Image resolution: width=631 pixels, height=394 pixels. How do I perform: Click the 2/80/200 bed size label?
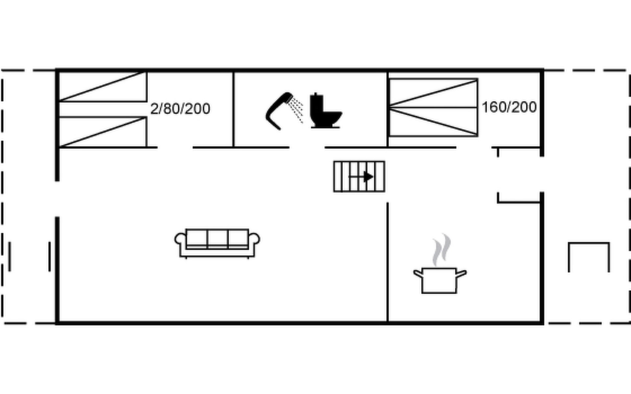[180, 109]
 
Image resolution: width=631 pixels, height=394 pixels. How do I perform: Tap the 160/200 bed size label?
[509, 107]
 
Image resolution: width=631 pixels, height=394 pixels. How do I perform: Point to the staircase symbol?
[359, 176]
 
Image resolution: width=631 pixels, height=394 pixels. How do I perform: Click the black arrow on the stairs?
[368, 177]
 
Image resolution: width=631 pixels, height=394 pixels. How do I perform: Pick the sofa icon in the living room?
[217, 243]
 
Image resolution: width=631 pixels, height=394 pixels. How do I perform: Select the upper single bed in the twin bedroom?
[103, 87]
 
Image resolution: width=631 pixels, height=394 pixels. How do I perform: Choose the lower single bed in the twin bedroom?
[103, 132]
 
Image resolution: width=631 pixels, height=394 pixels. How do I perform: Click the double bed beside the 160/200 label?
[433, 107]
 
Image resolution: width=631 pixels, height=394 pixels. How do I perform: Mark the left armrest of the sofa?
[180, 239]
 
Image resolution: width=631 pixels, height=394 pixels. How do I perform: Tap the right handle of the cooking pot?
[461, 274]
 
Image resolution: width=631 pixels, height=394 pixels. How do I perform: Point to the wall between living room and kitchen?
[388, 263]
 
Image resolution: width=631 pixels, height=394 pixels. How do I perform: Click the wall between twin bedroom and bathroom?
[234, 109]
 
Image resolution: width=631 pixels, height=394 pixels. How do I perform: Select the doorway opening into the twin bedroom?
[175, 148]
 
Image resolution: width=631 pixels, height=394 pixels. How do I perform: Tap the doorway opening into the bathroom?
[307, 148]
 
